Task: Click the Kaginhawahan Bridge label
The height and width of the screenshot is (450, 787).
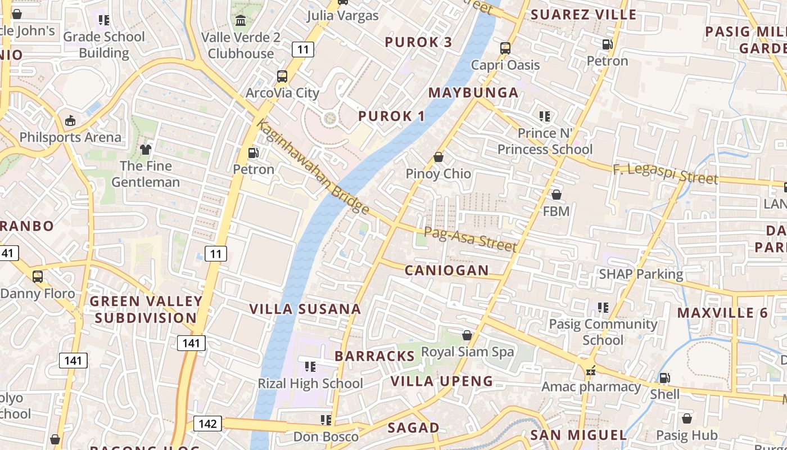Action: [x=313, y=167]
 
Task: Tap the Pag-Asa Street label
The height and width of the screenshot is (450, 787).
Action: [x=470, y=238]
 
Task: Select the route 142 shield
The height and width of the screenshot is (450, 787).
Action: [x=207, y=424]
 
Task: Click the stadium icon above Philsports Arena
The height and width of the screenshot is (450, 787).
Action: [x=70, y=120]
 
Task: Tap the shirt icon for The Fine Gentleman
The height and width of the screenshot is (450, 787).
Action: [x=146, y=149]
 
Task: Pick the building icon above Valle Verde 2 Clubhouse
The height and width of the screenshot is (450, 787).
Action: [x=241, y=20]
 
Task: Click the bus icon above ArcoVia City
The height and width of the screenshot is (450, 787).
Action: [x=282, y=76]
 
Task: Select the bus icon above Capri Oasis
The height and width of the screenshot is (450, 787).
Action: [x=505, y=48]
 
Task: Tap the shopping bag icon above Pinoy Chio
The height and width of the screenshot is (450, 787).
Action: [x=438, y=157]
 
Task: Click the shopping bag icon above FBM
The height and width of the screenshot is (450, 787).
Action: [x=557, y=195]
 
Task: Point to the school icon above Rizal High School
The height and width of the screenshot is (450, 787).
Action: [x=310, y=367]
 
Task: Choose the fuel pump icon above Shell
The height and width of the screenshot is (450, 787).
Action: [x=664, y=377]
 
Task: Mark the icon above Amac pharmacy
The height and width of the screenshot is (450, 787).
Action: [x=590, y=370]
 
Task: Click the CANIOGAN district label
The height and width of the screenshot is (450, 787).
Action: [x=447, y=271]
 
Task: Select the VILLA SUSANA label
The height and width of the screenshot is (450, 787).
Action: [x=305, y=309]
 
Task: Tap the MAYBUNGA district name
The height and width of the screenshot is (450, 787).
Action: [x=473, y=93]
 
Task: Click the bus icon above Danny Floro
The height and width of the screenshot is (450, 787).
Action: [x=38, y=277]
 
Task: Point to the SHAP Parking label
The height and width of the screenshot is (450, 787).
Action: [x=641, y=274]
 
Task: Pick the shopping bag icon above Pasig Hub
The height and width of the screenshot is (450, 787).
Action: [x=686, y=418]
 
